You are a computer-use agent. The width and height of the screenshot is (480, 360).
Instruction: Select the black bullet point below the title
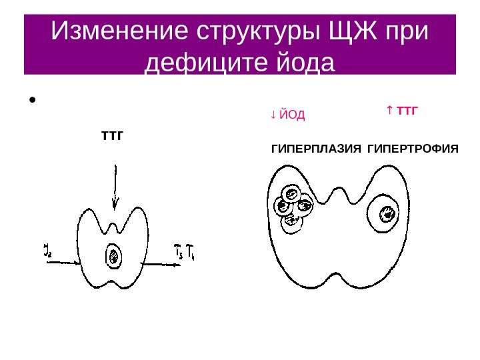click(x=31, y=102)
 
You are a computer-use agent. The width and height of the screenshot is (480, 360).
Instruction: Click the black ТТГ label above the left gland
click(x=113, y=137)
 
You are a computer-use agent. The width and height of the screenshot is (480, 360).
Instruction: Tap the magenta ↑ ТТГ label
click(x=401, y=109)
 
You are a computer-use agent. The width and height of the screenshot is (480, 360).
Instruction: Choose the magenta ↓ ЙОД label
click(x=287, y=115)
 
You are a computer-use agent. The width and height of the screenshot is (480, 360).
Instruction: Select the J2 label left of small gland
click(x=47, y=251)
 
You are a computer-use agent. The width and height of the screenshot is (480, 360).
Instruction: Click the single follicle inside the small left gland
click(x=113, y=256)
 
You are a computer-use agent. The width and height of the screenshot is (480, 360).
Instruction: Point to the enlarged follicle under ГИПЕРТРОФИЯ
click(x=386, y=213)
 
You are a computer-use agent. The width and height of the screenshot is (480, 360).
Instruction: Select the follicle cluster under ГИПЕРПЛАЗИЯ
click(x=294, y=207)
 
